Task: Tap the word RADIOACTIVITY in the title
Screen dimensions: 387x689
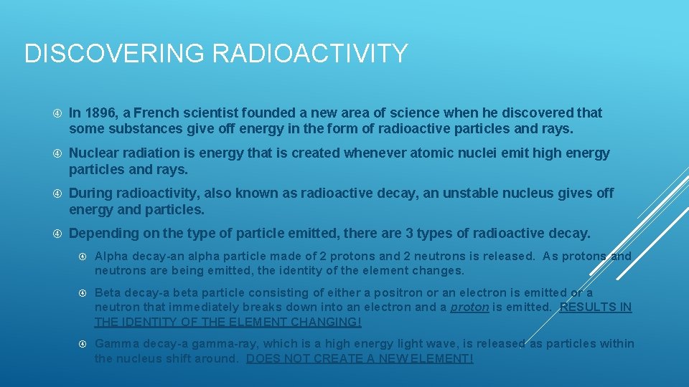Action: (299, 54)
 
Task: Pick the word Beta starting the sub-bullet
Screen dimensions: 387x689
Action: (108, 292)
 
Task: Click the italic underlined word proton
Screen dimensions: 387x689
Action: (469, 307)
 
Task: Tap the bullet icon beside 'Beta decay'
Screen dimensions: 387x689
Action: (83, 293)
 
